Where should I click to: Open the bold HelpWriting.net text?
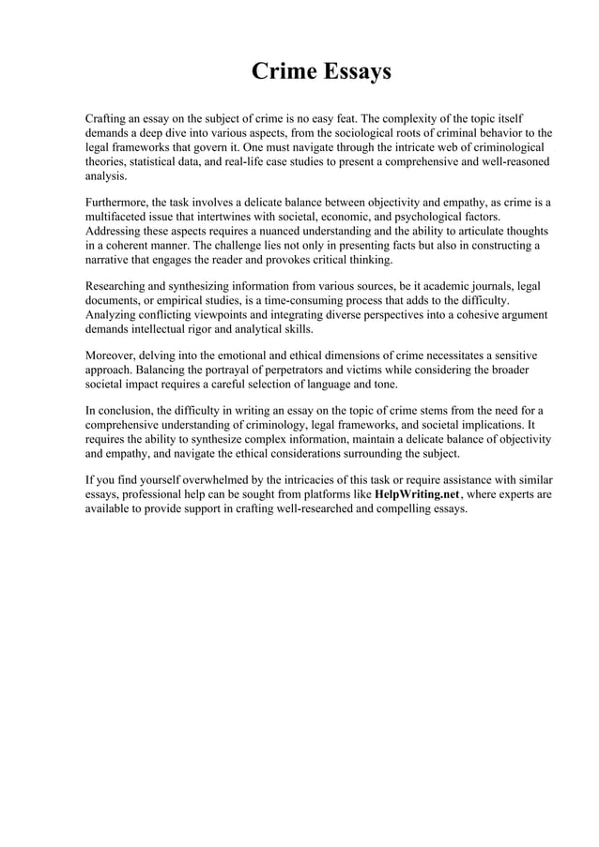[417, 493]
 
